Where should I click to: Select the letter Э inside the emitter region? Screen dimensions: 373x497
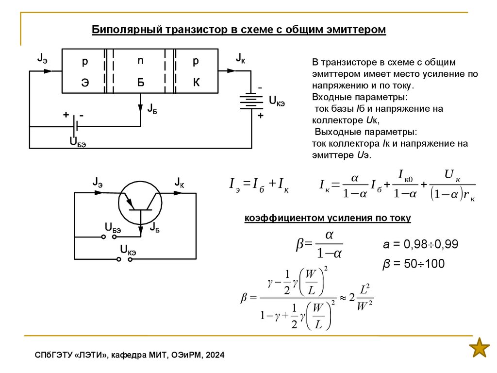pos(85,83)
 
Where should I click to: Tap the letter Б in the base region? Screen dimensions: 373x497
pos(140,83)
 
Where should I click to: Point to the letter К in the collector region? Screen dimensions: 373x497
pos(196,83)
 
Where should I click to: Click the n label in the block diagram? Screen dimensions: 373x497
pos(140,61)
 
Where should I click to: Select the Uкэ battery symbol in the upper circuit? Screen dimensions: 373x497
pos(251,102)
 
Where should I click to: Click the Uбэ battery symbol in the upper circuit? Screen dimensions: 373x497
pos(74,126)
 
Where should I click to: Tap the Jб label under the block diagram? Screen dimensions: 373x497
pos(151,108)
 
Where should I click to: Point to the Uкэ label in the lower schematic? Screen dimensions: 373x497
pos(128,251)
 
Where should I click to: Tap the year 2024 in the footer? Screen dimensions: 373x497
pos(215,356)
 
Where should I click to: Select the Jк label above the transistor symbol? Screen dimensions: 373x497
pos(179,183)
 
